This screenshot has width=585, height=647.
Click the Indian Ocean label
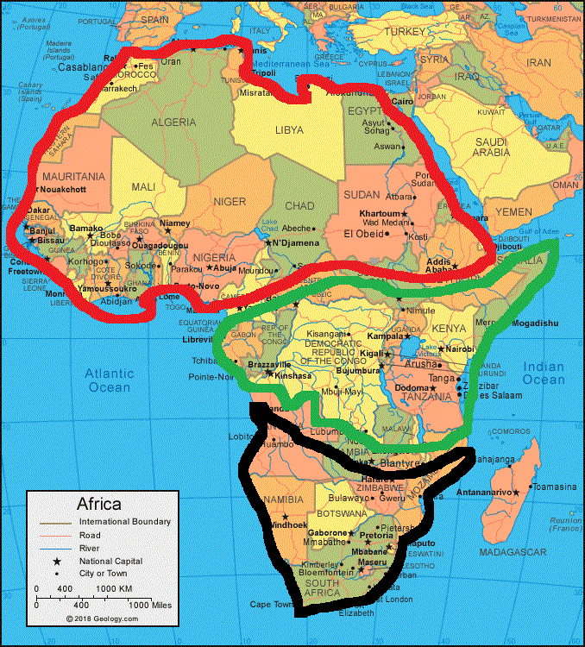click(544, 373)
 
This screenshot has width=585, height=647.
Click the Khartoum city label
click(381, 213)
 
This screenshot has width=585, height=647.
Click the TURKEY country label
click(406, 31)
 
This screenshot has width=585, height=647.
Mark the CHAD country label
click(299, 206)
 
